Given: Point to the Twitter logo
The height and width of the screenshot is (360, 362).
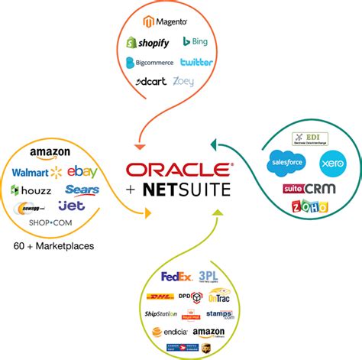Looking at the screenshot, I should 196,62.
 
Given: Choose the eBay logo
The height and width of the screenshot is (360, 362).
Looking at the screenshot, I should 82,172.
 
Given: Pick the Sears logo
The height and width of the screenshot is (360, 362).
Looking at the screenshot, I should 82,190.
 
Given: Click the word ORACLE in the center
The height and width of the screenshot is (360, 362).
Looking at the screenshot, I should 179,169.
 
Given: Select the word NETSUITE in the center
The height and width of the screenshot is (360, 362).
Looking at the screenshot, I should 189,189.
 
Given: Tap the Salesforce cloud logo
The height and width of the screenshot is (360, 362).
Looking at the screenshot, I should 286,162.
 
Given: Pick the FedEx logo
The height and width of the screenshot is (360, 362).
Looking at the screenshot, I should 175,276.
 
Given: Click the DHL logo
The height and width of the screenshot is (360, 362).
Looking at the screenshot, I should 160,296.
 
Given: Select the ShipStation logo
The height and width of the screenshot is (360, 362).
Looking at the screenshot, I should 160,313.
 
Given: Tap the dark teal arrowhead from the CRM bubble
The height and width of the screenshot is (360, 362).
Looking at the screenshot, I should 215,142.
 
